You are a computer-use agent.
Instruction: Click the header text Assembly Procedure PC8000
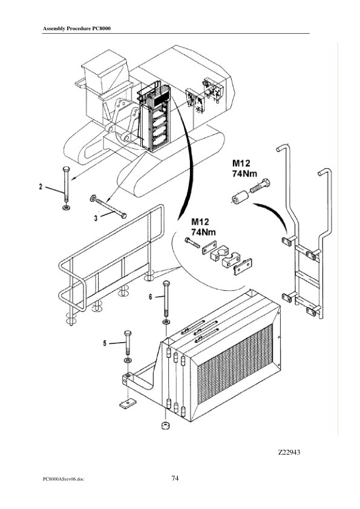[77, 28]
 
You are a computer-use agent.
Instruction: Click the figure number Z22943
[289, 452]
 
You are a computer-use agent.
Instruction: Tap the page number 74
[175, 478]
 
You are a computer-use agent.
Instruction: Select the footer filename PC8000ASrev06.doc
[63, 479]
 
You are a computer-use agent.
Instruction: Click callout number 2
[41, 187]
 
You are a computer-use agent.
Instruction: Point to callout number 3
[96, 218]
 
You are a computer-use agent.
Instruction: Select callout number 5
[105, 343]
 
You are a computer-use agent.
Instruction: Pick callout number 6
[151, 297]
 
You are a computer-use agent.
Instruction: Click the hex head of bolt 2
[67, 169]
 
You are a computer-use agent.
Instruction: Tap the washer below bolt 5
[128, 361]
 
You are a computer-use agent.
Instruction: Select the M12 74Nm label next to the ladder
[244, 168]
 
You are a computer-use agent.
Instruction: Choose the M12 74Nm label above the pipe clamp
[203, 227]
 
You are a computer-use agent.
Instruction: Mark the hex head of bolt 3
[123, 216]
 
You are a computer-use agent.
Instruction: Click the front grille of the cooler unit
[235, 363]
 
